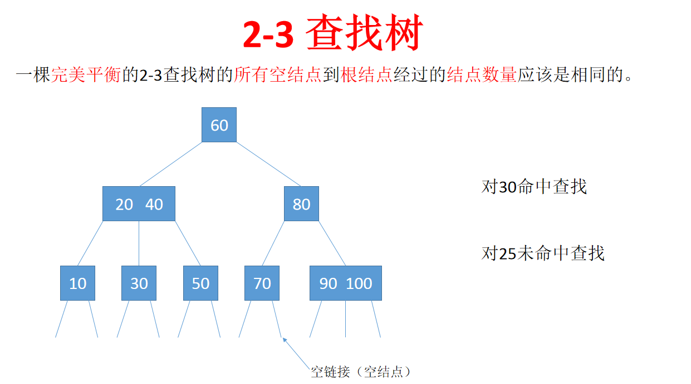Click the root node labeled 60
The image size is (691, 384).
(x=219, y=125)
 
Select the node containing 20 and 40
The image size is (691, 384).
(x=139, y=204)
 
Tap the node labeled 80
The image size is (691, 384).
(x=301, y=204)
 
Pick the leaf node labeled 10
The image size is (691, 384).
(x=77, y=283)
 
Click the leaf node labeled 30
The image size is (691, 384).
(x=139, y=283)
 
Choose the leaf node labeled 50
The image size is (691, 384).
(x=200, y=283)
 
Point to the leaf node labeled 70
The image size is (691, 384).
(x=262, y=283)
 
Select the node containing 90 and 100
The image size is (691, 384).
(x=345, y=283)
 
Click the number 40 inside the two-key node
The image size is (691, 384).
(x=154, y=205)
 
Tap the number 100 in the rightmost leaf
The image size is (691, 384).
(x=359, y=284)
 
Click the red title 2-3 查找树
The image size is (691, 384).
(x=333, y=33)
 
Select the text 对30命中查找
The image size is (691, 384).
(x=533, y=187)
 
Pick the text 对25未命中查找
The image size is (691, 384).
(x=542, y=253)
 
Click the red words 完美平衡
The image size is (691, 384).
(x=86, y=75)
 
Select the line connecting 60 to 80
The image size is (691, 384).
(x=269, y=164)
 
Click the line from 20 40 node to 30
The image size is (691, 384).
(x=139, y=243)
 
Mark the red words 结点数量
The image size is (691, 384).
(x=482, y=75)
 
